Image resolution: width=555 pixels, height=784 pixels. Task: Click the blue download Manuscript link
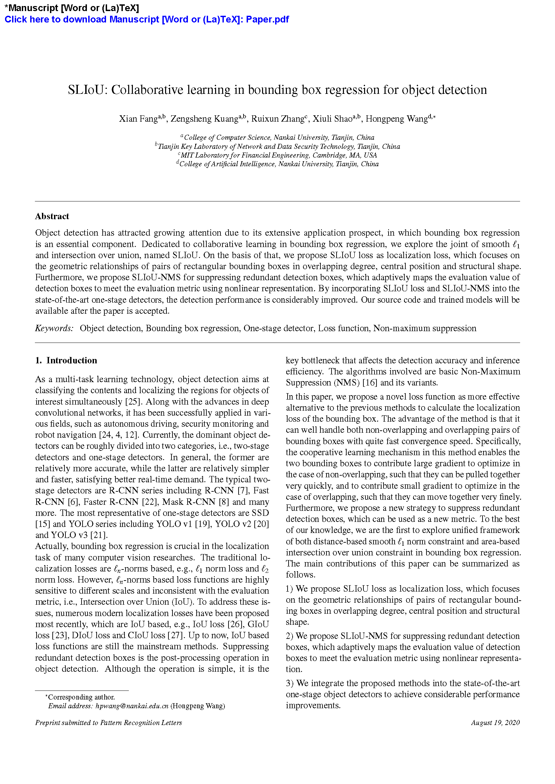click(x=147, y=19)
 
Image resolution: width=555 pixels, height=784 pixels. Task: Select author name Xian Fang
click(x=138, y=119)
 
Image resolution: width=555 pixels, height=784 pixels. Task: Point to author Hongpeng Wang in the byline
click(x=396, y=119)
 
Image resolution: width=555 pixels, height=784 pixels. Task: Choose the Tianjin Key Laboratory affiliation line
click(x=277, y=146)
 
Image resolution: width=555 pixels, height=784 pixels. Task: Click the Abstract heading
click(x=52, y=217)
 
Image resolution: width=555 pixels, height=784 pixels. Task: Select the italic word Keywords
click(x=54, y=328)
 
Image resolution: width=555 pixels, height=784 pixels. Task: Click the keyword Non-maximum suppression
click(x=424, y=328)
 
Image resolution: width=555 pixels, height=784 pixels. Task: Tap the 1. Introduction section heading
click(x=66, y=361)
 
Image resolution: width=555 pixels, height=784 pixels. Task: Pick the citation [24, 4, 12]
click(x=118, y=435)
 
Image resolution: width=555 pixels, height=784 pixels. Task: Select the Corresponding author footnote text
click(x=81, y=697)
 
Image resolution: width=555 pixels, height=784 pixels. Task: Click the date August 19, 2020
click(x=495, y=723)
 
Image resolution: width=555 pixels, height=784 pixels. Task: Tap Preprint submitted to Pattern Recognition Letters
click(x=108, y=723)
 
